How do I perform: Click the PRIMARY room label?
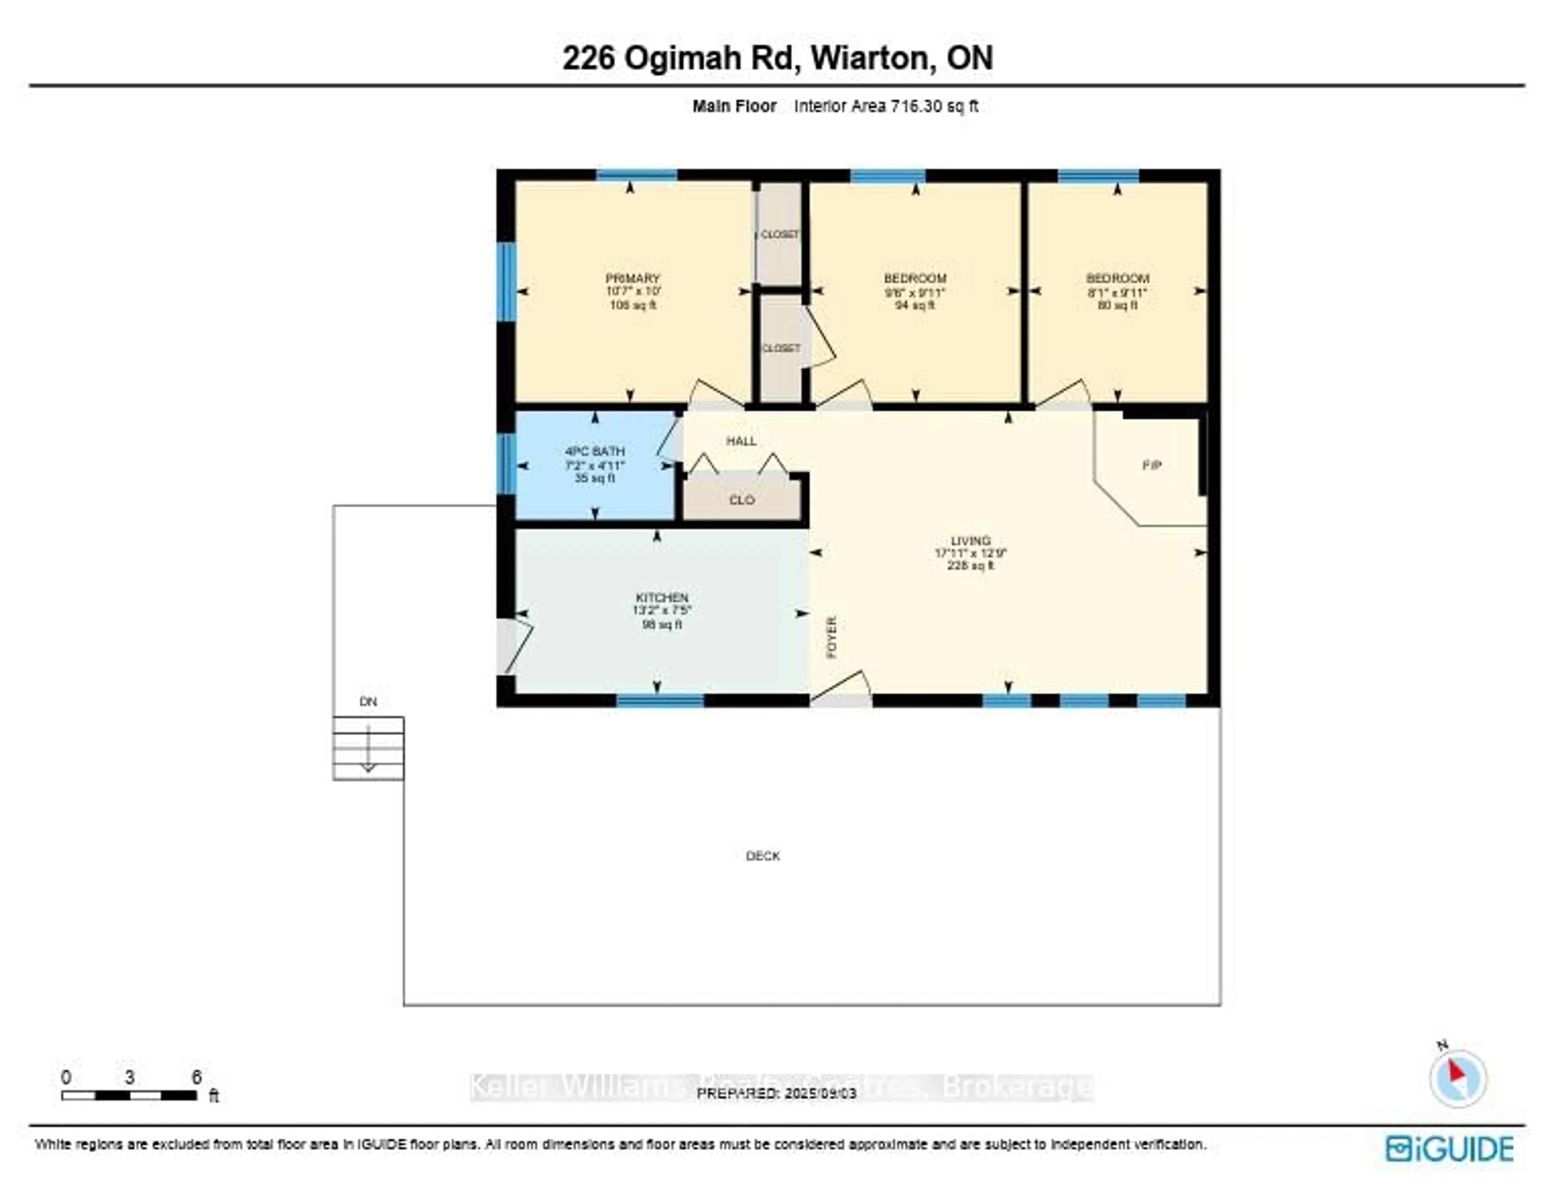632,278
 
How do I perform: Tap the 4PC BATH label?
594,451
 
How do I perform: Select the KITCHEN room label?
661,597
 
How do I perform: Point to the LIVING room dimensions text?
971,553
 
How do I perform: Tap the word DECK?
762,856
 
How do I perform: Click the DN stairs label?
368,701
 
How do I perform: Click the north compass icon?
1457,1079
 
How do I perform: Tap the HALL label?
741,441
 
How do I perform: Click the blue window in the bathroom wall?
506,463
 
